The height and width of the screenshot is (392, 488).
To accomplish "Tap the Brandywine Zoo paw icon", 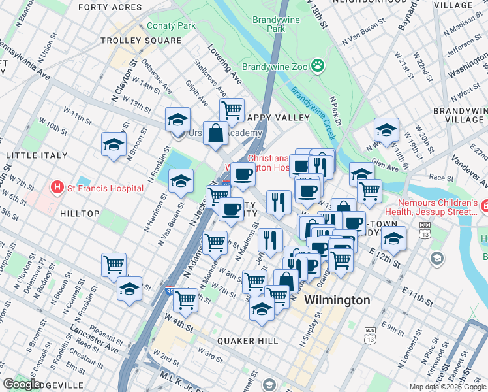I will coord(318,65).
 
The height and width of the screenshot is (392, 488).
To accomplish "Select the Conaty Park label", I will coord(171,26).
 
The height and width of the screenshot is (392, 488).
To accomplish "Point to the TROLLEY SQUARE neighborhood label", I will coord(141,41).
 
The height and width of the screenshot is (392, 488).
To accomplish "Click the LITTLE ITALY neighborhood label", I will coord(37,155).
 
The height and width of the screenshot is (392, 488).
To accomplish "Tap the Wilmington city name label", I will coord(339,300).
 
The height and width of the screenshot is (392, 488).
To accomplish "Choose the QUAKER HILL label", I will coord(247,341).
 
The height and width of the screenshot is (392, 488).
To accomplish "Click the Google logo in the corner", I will coord(22,384).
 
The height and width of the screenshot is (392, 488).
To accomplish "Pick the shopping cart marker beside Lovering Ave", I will coord(232,108).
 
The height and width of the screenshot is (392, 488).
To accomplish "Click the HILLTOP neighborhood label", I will coord(78,214).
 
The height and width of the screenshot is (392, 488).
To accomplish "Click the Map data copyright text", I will coord(448,387).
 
